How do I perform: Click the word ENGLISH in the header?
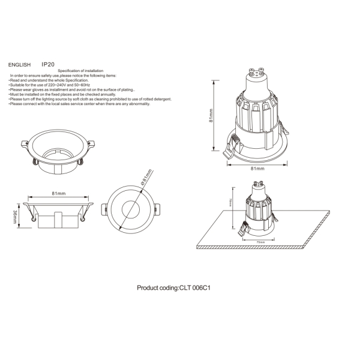click(19, 63)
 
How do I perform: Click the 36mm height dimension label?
click(16, 217)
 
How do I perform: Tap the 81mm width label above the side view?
click(58, 194)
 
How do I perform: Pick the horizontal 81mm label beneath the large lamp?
click(257, 169)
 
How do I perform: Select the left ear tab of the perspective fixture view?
click(25, 144)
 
